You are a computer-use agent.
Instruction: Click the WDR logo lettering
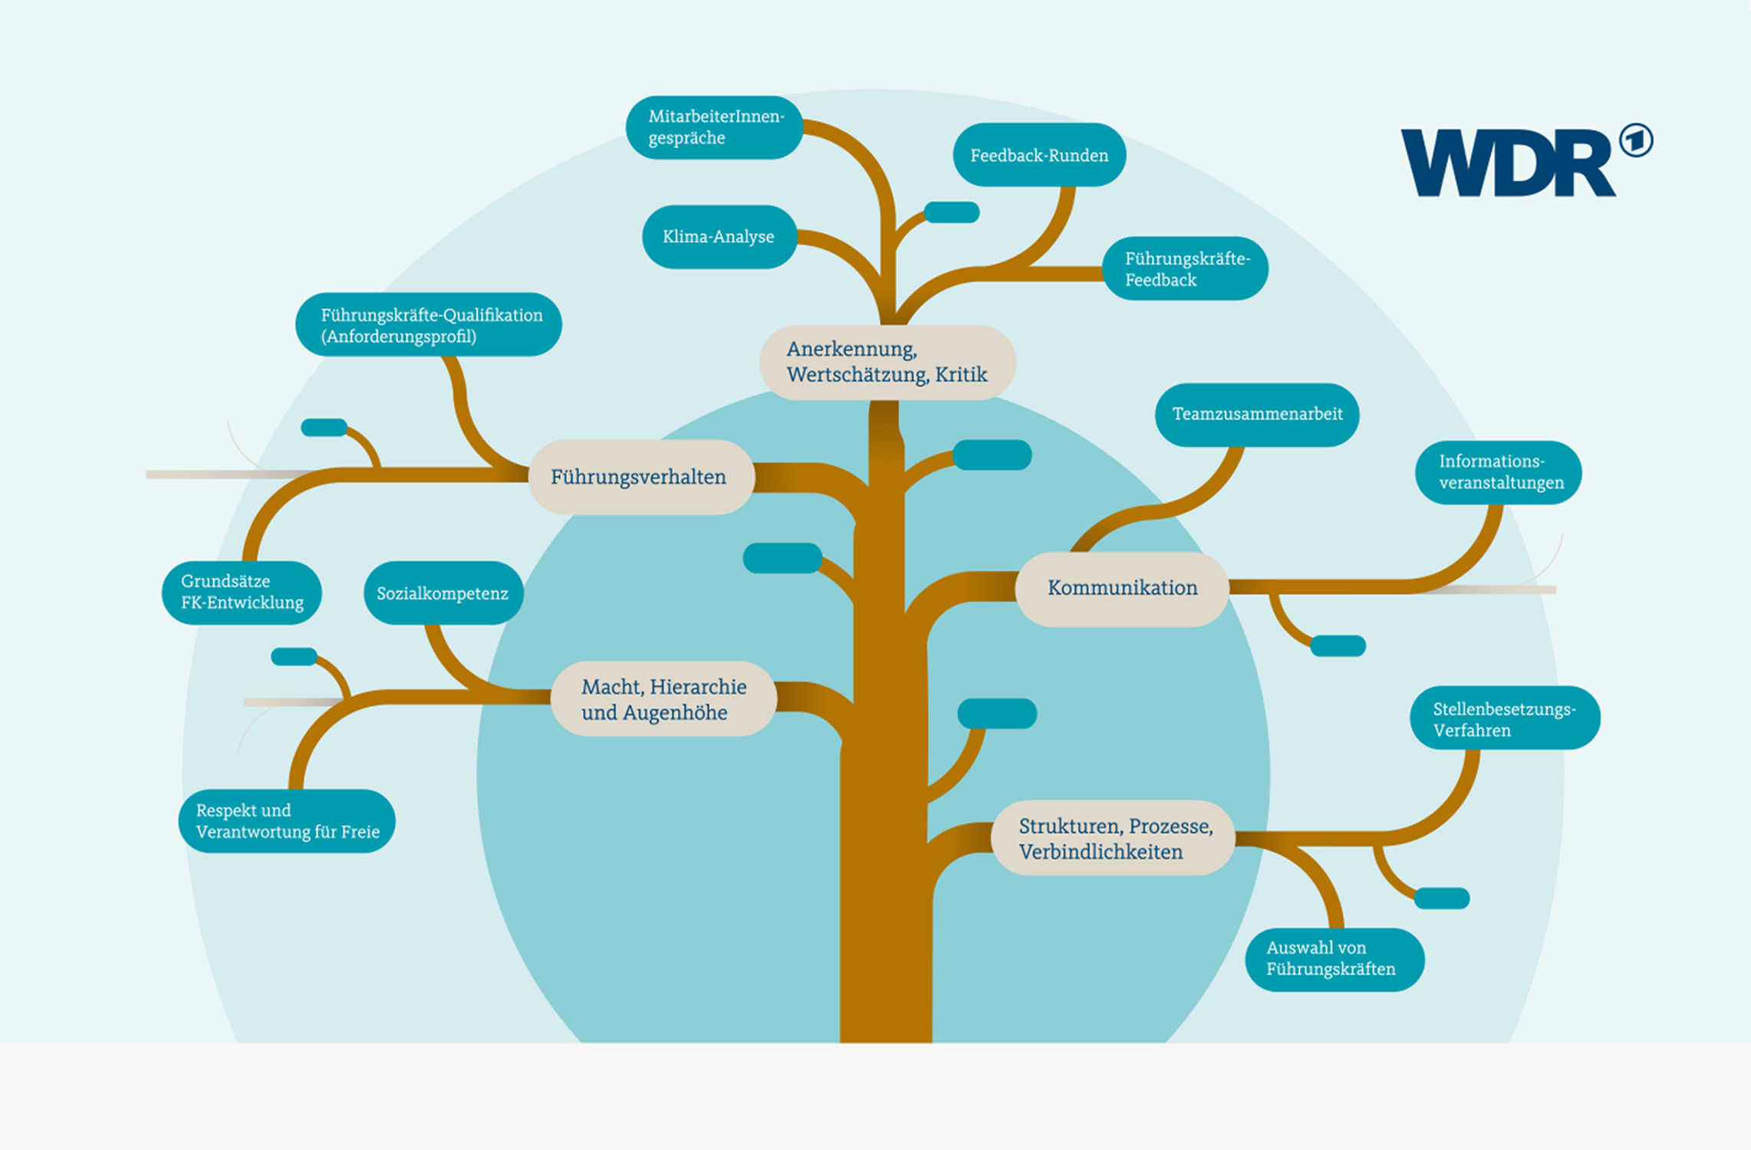click(x=1507, y=163)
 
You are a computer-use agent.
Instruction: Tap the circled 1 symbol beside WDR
click(x=1636, y=141)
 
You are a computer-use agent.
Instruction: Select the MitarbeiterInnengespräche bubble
click(x=714, y=127)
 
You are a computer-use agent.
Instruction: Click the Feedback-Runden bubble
click(x=1039, y=155)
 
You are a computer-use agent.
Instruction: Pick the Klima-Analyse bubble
click(x=719, y=237)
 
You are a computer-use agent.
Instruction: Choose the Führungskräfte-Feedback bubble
click(x=1185, y=268)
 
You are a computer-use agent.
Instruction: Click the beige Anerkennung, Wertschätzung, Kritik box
click(x=887, y=362)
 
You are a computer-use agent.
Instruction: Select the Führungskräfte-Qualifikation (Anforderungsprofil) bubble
click(x=429, y=325)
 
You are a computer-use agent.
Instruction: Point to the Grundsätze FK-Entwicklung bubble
click(x=242, y=593)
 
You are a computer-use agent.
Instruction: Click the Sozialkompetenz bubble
click(x=443, y=593)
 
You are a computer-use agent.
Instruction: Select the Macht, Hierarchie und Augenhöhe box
click(x=663, y=699)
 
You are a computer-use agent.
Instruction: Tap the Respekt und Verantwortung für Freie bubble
click(x=287, y=821)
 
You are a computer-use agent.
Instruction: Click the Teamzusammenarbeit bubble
click(x=1257, y=415)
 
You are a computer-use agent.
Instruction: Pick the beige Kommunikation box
click(x=1122, y=589)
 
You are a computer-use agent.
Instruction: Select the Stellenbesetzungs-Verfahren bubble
click(x=1504, y=718)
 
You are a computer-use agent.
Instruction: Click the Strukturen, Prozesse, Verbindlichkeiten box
click(x=1113, y=839)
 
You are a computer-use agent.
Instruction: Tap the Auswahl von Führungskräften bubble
click(x=1334, y=959)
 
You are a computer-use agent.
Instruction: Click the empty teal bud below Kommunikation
click(x=1338, y=646)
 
